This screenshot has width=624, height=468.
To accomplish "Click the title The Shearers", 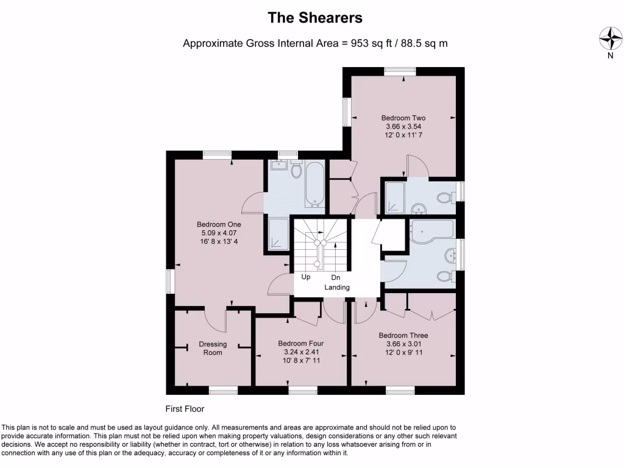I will (315, 18).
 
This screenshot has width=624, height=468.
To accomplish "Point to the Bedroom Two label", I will (403, 118).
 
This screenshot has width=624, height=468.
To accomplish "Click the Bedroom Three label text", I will (403, 335).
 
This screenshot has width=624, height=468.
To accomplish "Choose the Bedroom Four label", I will (300, 343).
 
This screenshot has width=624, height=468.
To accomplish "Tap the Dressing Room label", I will (213, 348).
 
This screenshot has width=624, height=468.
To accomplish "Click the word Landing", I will (337, 287).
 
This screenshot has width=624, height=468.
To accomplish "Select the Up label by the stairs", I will (306, 277).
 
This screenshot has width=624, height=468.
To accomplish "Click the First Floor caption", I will (185, 409).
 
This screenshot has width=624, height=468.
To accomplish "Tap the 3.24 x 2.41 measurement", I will (300, 352).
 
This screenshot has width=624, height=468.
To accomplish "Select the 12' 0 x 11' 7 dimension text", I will (403, 135).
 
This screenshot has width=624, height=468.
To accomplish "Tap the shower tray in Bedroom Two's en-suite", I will (394, 196).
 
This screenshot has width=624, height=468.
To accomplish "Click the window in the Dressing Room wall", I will (223, 389).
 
